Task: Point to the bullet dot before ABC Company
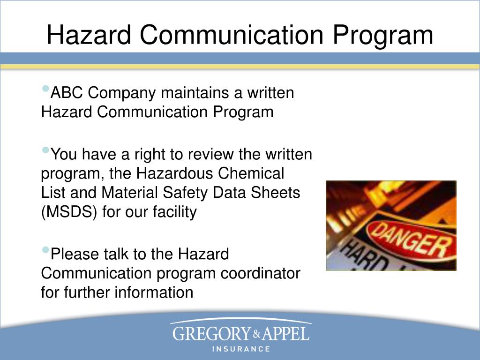point(45,89)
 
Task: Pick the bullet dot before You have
point(45,150)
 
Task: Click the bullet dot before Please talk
point(45,250)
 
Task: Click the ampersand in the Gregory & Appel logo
point(256,334)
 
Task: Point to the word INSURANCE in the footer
point(241,349)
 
